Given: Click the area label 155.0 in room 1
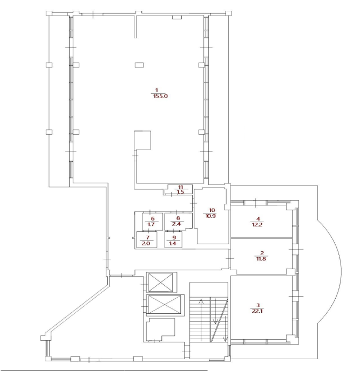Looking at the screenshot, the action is [161, 97].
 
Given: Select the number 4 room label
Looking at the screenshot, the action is [258, 218].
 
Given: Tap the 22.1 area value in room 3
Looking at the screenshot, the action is [257, 311].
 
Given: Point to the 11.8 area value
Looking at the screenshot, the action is [261, 259].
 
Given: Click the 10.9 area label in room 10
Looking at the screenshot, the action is [210, 216].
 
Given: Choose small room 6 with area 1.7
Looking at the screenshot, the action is [153, 222].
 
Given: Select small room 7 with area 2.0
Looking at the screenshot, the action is [147, 239].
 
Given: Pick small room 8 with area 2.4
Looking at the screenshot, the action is [178, 222].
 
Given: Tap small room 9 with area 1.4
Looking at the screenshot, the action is [173, 239].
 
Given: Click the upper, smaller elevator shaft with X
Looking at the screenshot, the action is [161, 282].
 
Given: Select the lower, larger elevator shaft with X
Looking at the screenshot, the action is [165, 305].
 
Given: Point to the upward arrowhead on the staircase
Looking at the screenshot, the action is [201, 301].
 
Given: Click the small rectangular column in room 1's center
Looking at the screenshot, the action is [139, 65].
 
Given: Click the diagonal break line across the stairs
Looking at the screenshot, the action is [219, 320].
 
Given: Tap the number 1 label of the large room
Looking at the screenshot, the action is [157, 90].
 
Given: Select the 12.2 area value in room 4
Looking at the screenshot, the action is [257, 224].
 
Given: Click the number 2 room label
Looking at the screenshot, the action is [262, 253].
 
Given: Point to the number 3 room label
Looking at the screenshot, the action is [258, 305].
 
